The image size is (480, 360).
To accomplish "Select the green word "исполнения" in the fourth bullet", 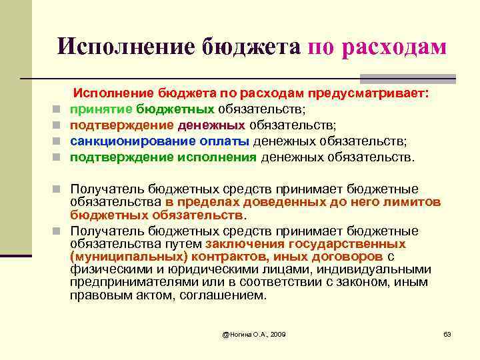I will [x=217, y=158].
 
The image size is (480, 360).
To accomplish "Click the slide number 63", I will [x=448, y=333].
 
